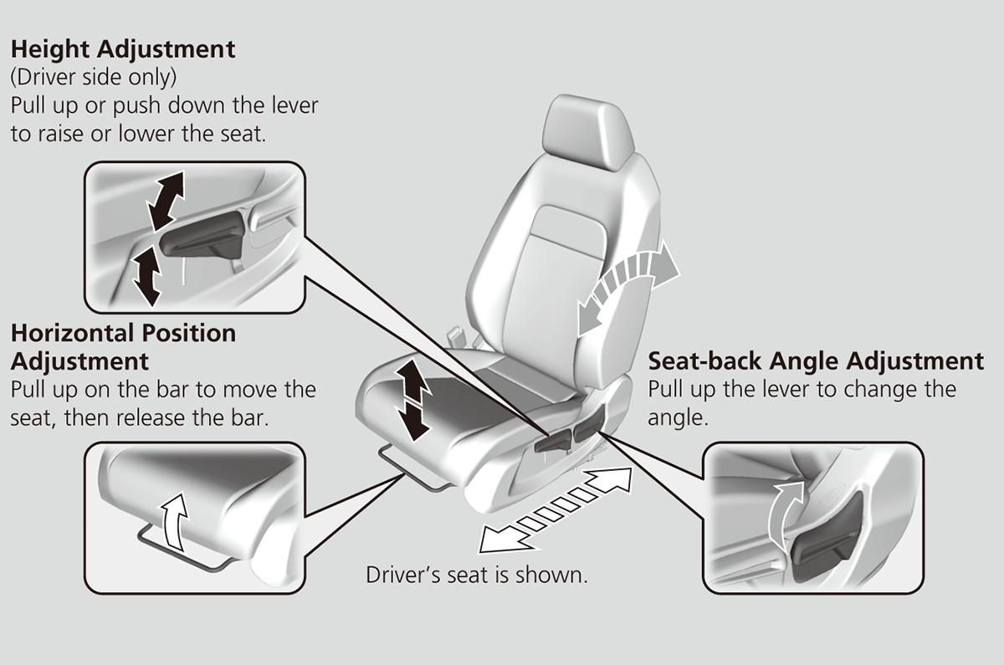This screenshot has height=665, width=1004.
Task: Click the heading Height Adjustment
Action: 123,49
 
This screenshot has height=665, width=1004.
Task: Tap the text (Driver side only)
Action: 93,78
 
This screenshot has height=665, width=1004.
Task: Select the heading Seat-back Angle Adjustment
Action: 816,361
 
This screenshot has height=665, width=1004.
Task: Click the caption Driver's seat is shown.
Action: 477,575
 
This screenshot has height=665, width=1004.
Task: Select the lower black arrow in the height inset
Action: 147,276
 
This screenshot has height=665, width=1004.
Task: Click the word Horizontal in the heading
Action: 71,334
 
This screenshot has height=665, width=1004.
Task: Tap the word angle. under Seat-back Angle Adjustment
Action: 679,417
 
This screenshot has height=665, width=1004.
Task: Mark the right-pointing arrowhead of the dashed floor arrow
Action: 615,483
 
